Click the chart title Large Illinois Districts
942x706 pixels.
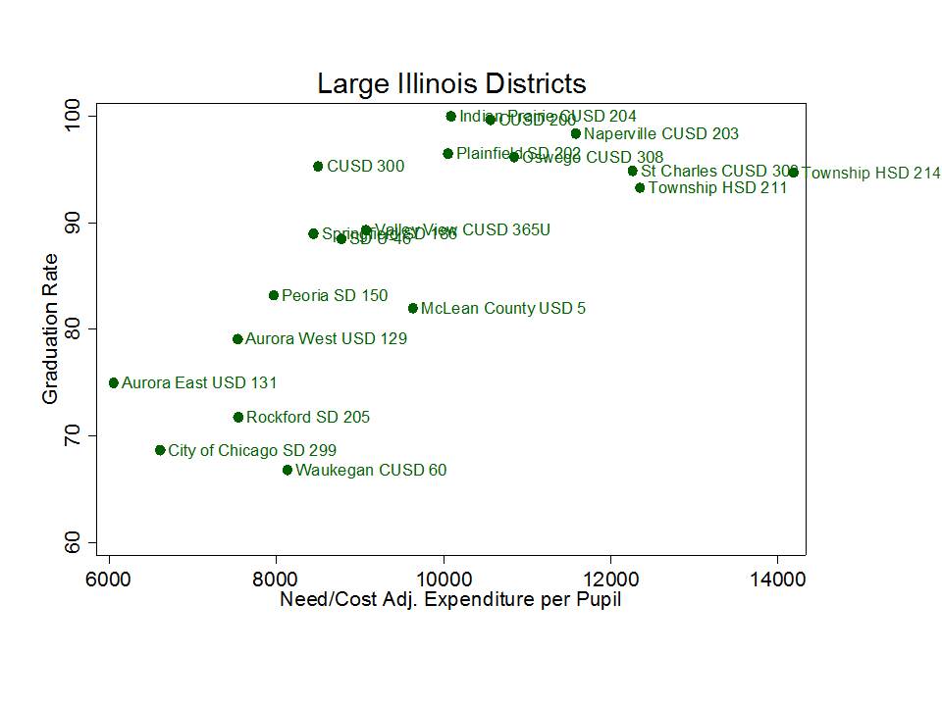pyautogui.click(x=451, y=83)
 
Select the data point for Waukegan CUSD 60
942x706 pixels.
pyautogui.click(x=288, y=471)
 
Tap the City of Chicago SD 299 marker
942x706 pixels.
pyautogui.click(x=160, y=450)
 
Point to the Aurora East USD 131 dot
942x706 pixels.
pyautogui.click(x=114, y=383)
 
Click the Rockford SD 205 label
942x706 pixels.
pyautogui.click(x=307, y=418)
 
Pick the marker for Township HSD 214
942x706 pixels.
pyautogui.click(x=794, y=173)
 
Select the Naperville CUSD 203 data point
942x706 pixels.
pyautogui.click(x=576, y=133)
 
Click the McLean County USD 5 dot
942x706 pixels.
pyautogui.click(x=413, y=308)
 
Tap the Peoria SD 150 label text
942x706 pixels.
pyautogui.click(x=334, y=295)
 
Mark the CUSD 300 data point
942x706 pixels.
pyautogui.click(x=318, y=167)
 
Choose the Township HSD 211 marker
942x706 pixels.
pyautogui.click(x=640, y=187)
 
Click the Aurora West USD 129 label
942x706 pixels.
pyautogui.click(x=326, y=339)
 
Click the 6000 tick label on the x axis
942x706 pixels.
pyautogui.click(x=109, y=579)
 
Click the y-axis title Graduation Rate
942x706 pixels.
pyautogui.click(x=50, y=328)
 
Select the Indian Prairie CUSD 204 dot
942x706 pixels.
pyautogui.click(x=451, y=116)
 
